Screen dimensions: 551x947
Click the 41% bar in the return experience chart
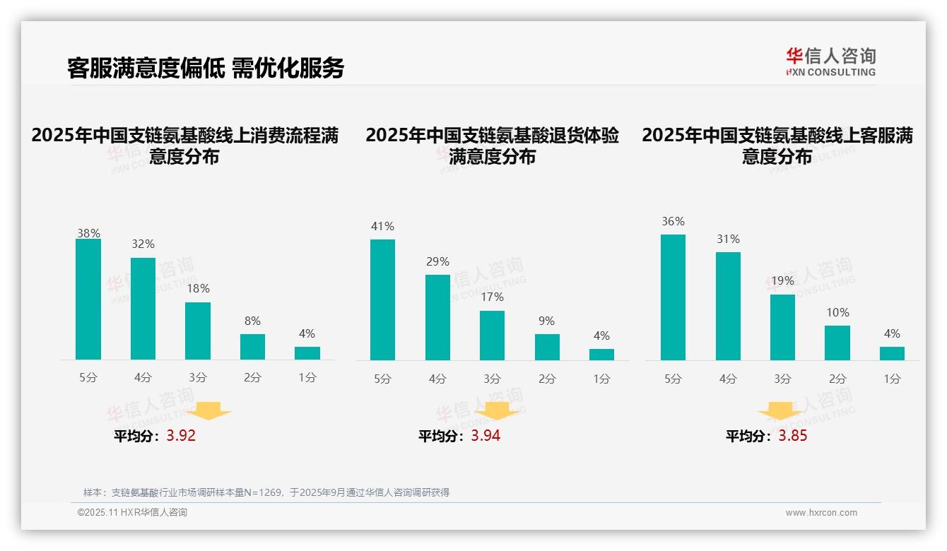(x=382, y=300)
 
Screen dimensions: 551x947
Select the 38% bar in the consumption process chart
(x=88, y=299)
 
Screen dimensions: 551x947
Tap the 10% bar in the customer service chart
(x=837, y=343)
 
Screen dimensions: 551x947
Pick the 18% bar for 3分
(x=198, y=331)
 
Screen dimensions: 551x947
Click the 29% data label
(x=437, y=261)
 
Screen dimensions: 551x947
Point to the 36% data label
(x=673, y=221)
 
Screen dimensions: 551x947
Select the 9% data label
(x=546, y=321)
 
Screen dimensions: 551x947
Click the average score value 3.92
(x=181, y=436)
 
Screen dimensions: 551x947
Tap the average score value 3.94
(x=486, y=436)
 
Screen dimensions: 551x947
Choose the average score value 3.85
(x=793, y=436)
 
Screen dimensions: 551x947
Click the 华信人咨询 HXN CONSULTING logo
(x=830, y=61)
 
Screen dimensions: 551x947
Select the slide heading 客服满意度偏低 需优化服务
(x=206, y=68)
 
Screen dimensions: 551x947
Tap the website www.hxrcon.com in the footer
(x=821, y=513)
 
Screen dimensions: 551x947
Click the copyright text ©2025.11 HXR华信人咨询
(x=132, y=513)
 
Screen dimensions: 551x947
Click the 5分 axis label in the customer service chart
(x=673, y=379)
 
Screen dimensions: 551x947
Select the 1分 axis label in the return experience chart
(x=601, y=379)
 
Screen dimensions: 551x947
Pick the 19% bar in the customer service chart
(x=782, y=327)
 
